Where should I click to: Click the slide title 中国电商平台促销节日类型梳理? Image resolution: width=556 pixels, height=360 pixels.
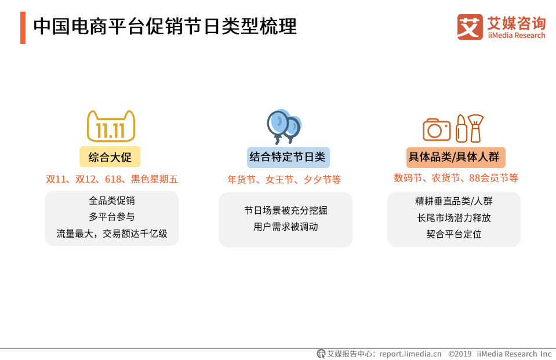pos(165,27)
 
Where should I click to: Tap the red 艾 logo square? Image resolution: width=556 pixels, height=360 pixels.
pos(470,27)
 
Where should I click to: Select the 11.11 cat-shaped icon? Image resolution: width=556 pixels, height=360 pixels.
pos(111,126)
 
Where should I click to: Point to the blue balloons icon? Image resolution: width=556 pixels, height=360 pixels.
pos(284,126)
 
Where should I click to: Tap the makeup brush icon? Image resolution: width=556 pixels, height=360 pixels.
pos(476,128)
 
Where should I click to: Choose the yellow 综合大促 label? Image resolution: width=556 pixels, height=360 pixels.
pos(110,157)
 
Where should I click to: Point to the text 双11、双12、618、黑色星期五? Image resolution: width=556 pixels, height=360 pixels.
pos(112,179)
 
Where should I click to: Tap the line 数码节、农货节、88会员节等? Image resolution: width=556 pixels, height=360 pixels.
pos(456,178)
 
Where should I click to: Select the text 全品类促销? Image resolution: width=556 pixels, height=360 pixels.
pos(112,201)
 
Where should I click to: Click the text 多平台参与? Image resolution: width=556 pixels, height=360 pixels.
pos(112,217)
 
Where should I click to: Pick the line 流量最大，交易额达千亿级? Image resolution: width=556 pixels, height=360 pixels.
pos(112,234)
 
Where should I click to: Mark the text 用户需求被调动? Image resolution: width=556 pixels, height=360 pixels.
pos(286,227)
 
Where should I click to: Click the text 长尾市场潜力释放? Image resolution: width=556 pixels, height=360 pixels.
pos(454,218)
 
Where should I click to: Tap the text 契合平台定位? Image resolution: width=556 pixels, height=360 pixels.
pos(454,234)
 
